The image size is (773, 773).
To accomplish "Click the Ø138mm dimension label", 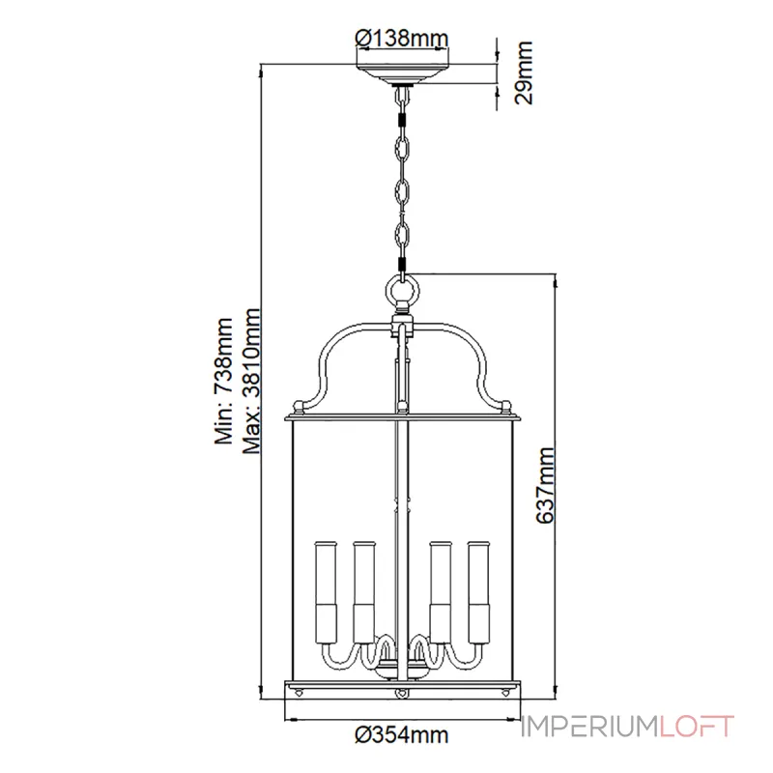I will [x=402, y=39].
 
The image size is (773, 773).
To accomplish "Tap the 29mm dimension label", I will [x=523, y=72].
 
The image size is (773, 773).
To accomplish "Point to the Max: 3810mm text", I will [x=253, y=381].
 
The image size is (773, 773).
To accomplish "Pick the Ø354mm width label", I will [x=402, y=735].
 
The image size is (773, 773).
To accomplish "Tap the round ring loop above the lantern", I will [x=402, y=290].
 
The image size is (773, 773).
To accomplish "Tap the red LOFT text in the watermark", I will [x=698, y=726].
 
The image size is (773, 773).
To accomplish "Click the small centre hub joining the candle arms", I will [x=402, y=666].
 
